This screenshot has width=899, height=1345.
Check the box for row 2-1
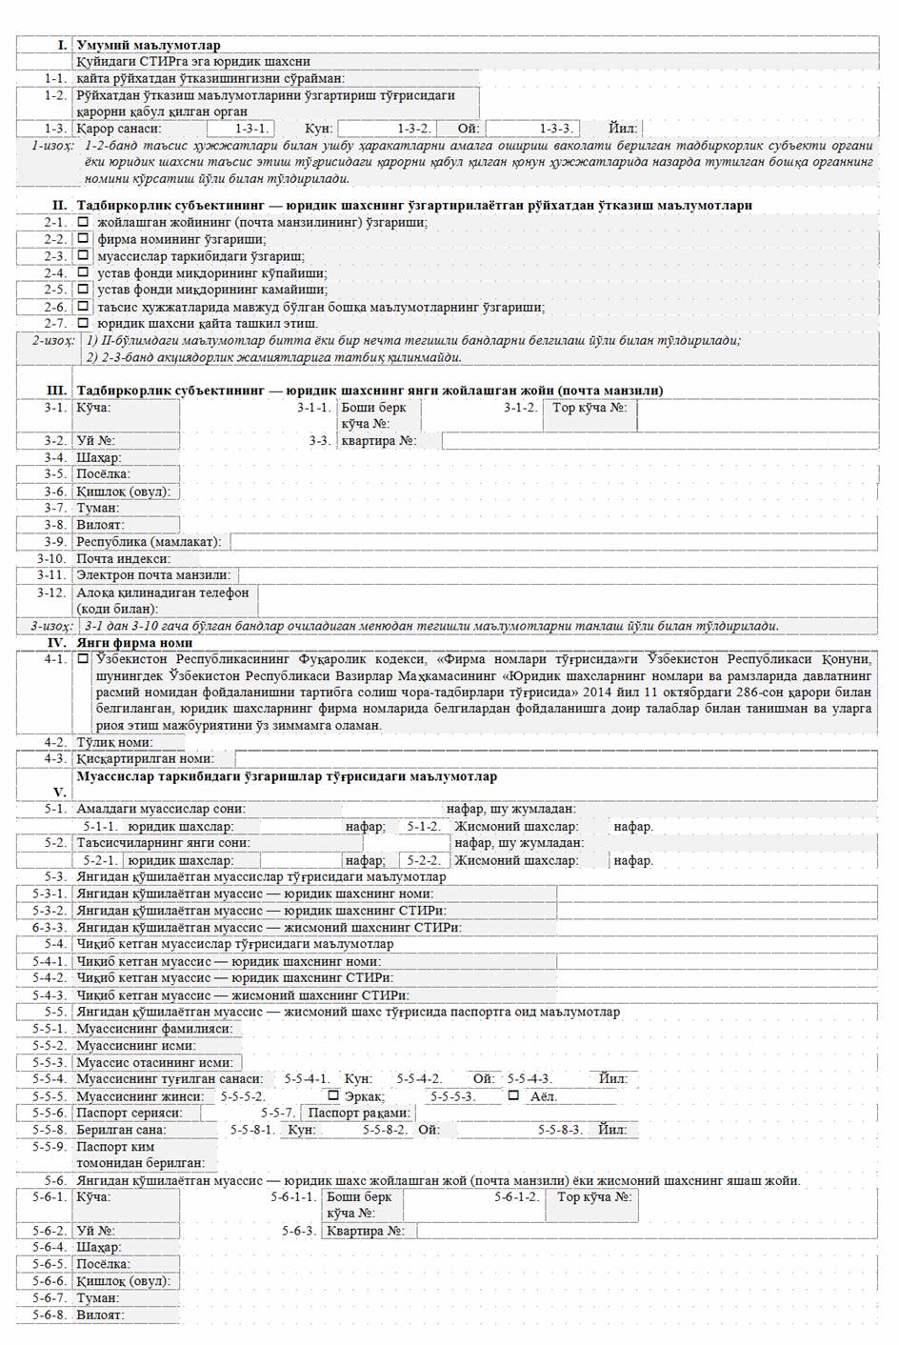[84, 222]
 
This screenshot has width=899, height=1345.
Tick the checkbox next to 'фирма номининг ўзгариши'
[84, 239]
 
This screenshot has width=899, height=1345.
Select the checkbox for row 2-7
[84, 323]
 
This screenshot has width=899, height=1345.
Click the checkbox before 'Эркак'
[332, 1095]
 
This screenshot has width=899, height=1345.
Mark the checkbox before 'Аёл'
[513, 1095]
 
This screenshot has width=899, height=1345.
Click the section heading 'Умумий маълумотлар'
[149, 45]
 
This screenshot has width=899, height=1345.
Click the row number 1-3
[55, 129]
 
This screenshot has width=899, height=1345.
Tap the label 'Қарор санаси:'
[119, 129]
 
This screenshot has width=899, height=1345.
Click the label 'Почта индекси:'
[124, 559]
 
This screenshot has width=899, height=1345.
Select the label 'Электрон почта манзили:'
[153, 575]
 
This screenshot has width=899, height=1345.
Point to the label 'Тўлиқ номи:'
[116, 742]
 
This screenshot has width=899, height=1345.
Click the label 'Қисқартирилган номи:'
[143, 759]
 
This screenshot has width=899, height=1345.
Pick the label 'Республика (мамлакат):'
[149, 542]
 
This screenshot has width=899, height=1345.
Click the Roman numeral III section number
[57, 391]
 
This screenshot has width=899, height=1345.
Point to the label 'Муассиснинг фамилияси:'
[154, 1029]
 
